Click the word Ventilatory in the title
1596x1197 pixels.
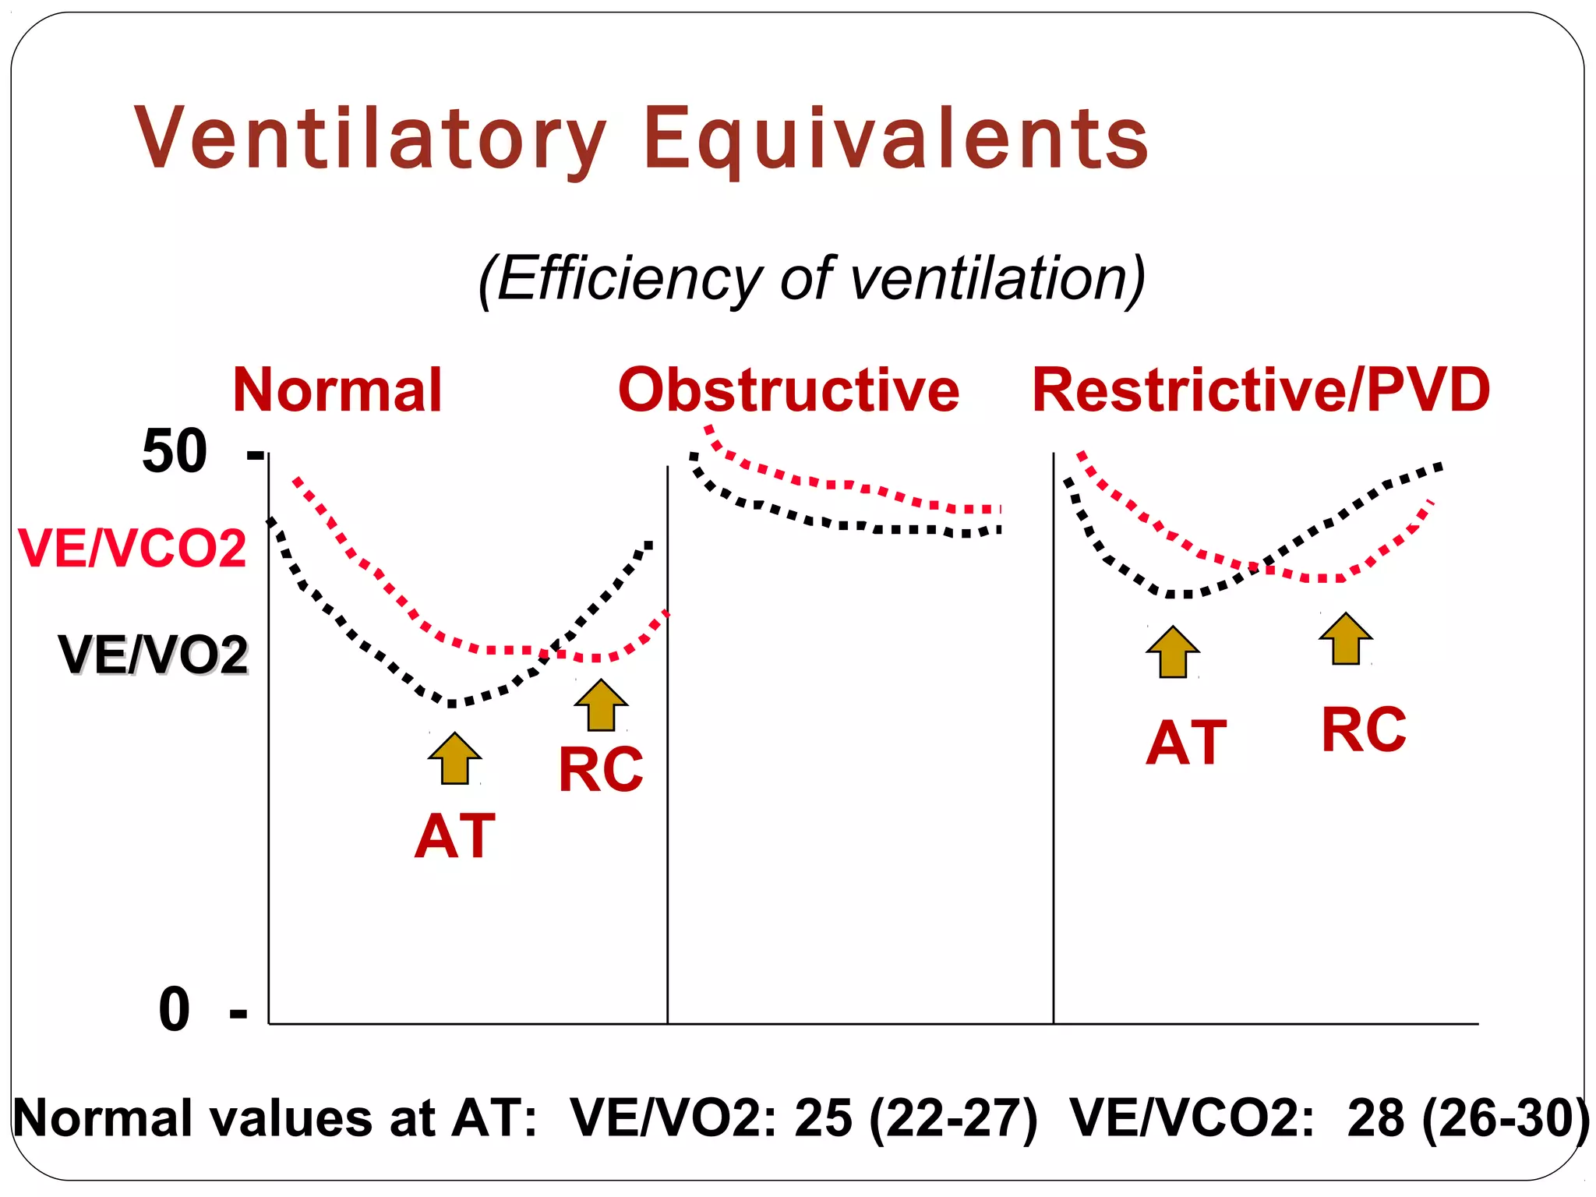(370, 139)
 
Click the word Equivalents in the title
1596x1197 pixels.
(896, 139)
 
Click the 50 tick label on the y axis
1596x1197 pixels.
(175, 451)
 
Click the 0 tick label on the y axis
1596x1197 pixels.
(175, 1010)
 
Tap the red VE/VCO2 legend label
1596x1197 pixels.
(132, 549)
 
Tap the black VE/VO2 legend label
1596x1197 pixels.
(154, 655)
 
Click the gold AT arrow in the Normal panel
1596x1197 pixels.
(455, 759)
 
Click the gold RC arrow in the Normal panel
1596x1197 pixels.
(601, 705)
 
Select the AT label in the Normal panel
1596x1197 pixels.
(455, 836)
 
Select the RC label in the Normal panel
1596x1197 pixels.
(601, 770)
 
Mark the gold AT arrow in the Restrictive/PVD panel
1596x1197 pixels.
(1173, 652)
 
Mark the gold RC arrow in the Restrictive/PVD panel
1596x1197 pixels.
(1346, 639)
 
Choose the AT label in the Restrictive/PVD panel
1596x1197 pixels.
(1186, 743)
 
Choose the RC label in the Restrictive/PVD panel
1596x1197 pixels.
(1364, 730)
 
